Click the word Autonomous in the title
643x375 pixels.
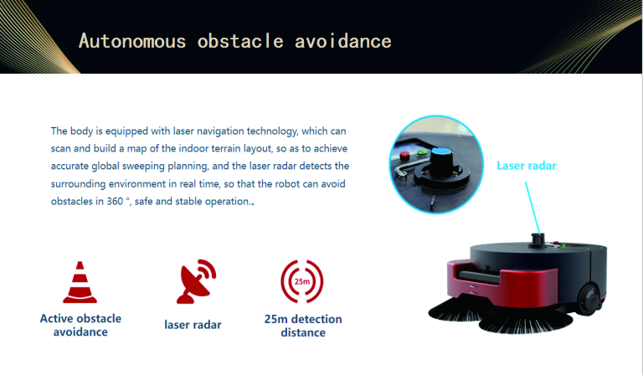coord(132,41)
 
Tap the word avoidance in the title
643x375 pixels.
coord(342,41)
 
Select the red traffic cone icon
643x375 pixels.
coord(80,282)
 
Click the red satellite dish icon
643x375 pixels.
coord(196,281)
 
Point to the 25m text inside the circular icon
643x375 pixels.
coord(302,281)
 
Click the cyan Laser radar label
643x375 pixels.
coord(526,166)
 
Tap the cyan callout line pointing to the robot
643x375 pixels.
coord(532,208)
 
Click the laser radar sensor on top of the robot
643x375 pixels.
coord(538,240)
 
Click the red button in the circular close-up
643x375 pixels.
coord(404,156)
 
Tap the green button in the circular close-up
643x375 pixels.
coord(422,154)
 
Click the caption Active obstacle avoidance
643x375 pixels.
coord(80,325)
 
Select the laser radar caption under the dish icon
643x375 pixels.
coord(193,325)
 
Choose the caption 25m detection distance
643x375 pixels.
coord(303,326)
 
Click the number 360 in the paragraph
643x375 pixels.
coord(115,201)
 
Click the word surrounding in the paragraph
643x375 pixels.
coord(79,184)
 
